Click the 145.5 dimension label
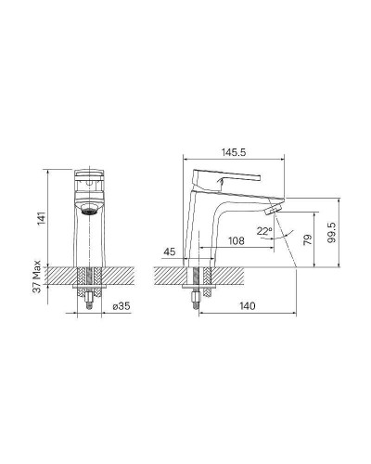point(234,152)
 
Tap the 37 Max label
point(37,277)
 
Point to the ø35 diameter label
point(122,306)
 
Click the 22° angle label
point(264,231)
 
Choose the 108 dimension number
point(236,240)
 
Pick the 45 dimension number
point(170,252)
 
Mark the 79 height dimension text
point(308,240)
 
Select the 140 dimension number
point(248,306)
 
